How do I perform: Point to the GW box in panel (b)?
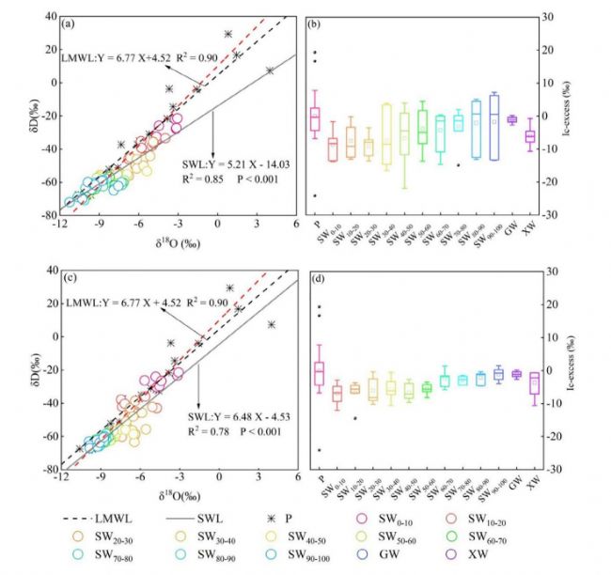point(512,119)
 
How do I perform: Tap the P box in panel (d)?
point(318,373)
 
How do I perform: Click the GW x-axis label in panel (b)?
point(511,226)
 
